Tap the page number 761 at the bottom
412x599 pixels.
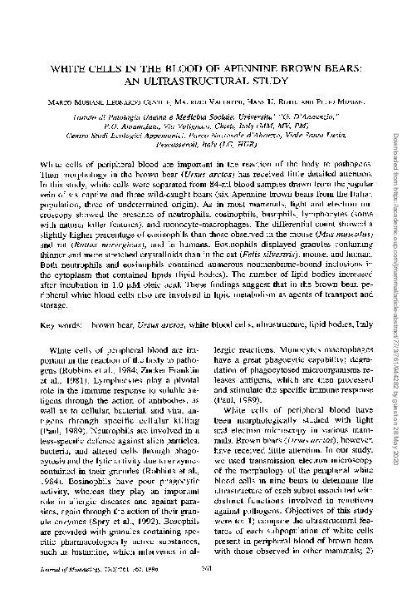(208, 587)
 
